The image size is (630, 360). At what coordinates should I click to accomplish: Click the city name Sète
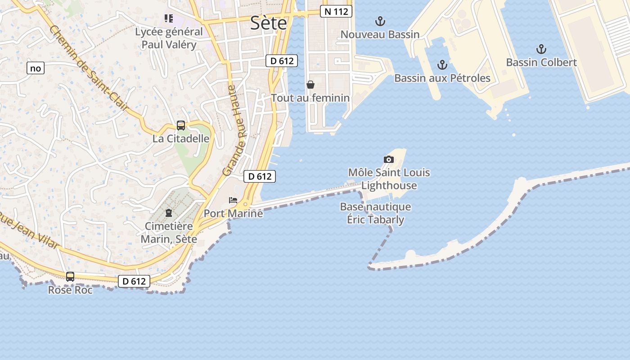pos(268,22)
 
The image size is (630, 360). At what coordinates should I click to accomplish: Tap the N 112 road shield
pos(336,11)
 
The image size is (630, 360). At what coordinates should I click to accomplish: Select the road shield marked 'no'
pos(36,68)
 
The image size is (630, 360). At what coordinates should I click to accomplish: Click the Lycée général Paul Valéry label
pos(169,38)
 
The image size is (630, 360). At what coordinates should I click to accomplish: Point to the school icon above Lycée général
pos(168,18)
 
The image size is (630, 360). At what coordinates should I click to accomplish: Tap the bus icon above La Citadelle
pos(181,126)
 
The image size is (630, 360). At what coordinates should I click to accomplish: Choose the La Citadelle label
pos(181,139)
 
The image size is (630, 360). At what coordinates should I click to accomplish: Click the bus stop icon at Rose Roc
pos(70,277)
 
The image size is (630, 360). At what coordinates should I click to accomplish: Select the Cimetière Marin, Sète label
pos(169,233)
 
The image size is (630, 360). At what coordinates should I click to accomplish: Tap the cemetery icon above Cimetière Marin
pos(169,212)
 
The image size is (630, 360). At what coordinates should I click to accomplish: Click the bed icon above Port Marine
pos(233,200)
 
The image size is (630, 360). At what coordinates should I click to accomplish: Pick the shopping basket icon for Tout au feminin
pos(310,85)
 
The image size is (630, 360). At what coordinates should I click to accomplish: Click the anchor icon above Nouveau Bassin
pos(380,21)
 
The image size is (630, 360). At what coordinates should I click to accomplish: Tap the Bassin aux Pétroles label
pos(442,78)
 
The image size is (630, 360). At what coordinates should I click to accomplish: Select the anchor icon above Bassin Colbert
pos(541,49)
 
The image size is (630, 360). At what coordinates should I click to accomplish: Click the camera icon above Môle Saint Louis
pos(389,159)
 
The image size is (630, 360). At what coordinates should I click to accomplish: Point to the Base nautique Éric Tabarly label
pos(375,213)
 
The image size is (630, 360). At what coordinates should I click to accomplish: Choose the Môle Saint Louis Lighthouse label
pos(389,179)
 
